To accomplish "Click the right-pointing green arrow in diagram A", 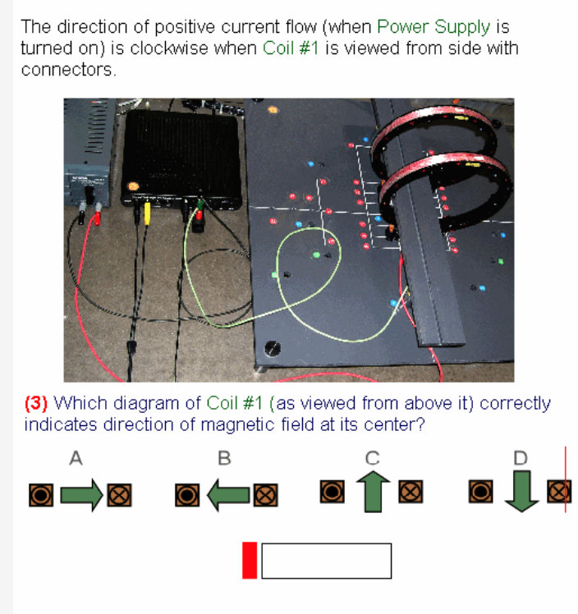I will coord(82,494).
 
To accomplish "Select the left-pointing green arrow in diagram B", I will coord(226,494).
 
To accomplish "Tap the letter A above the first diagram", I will coord(76,459).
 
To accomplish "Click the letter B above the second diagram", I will coord(224,459).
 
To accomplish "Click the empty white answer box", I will coord(326,561).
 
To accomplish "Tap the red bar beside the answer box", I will coord(250,560).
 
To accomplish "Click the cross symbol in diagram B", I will coord(265,494).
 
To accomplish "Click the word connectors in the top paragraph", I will coord(67,69).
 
